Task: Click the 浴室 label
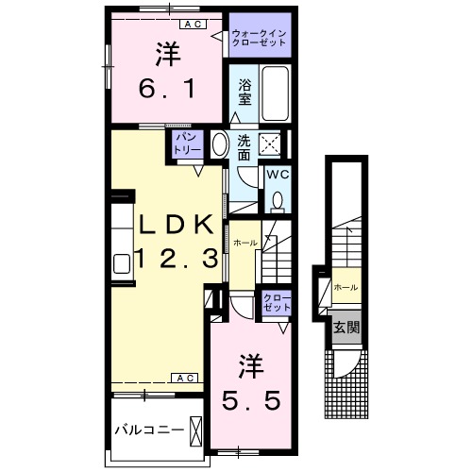[244, 93]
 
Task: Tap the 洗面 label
[244, 146]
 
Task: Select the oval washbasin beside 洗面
[219, 145]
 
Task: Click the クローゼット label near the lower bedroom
[278, 304]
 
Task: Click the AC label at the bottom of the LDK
[183, 379]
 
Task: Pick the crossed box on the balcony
[195, 430]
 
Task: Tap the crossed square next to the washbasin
[271, 144]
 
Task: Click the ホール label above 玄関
[345, 286]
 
